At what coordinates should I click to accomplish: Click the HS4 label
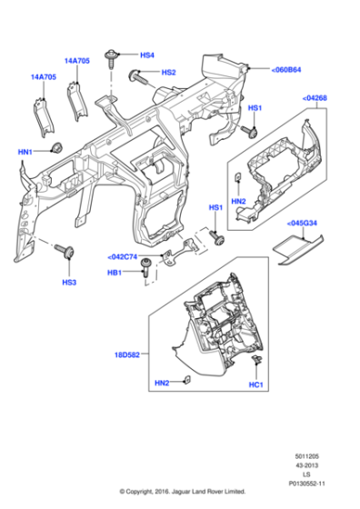pyautogui.click(x=147, y=55)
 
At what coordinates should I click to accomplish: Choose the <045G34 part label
pyautogui.click(x=304, y=223)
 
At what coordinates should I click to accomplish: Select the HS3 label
pyautogui.click(x=69, y=283)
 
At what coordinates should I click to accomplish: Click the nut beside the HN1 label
pyautogui.click(x=55, y=147)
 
